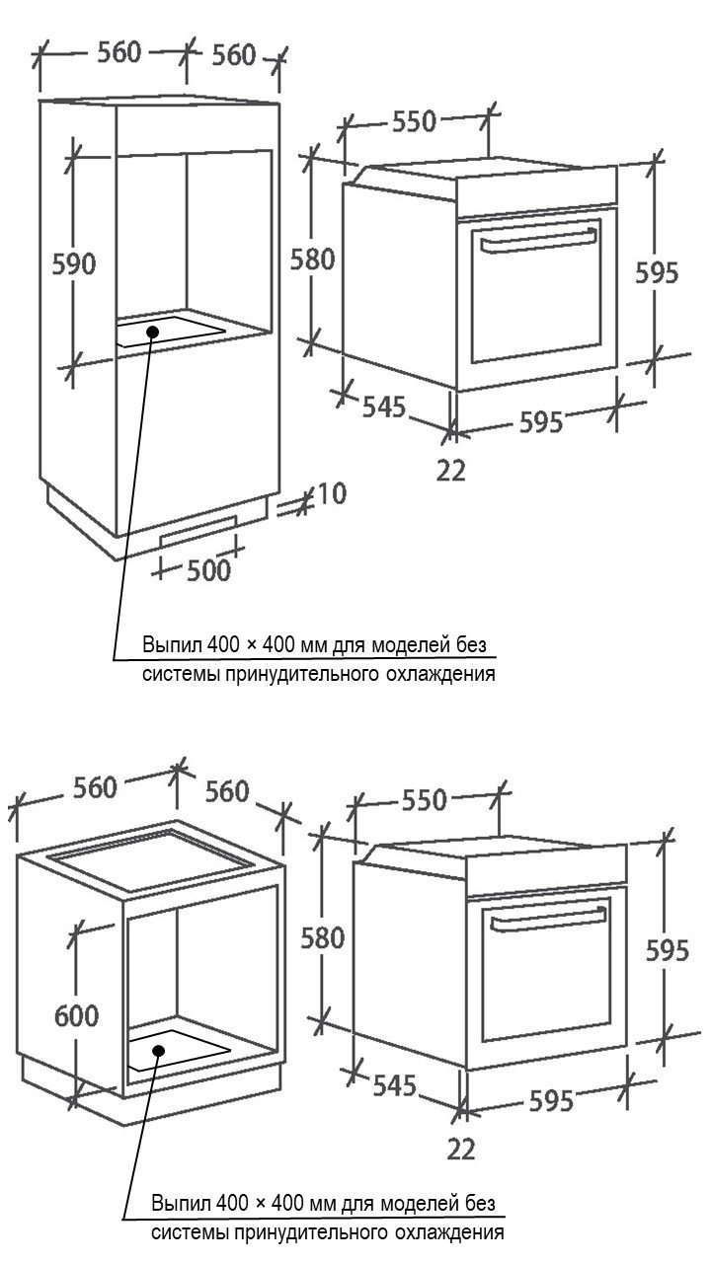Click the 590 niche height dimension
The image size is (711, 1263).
[x=74, y=263]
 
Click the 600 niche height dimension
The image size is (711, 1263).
[x=77, y=1015]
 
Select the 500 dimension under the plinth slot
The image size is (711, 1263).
[x=208, y=570]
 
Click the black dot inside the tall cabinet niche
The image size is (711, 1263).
[x=152, y=331]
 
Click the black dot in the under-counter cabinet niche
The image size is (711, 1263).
[x=159, y=1050]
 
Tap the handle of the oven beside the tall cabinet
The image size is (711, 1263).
[x=538, y=240]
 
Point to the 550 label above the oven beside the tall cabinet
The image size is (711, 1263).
[x=415, y=121]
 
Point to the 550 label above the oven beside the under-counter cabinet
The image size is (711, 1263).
[x=425, y=799]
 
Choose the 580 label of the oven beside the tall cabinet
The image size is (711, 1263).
[x=313, y=260]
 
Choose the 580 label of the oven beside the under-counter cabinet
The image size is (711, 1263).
[x=323, y=938]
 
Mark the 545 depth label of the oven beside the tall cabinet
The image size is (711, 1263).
[x=384, y=407]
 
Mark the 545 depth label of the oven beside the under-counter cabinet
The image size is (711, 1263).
[x=394, y=1085]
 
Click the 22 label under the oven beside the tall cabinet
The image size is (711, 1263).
[x=451, y=471]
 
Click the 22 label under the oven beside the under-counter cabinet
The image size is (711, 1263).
[x=461, y=1150]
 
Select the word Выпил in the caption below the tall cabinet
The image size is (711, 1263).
[x=172, y=644]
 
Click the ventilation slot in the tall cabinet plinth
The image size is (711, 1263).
[x=198, y=531]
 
